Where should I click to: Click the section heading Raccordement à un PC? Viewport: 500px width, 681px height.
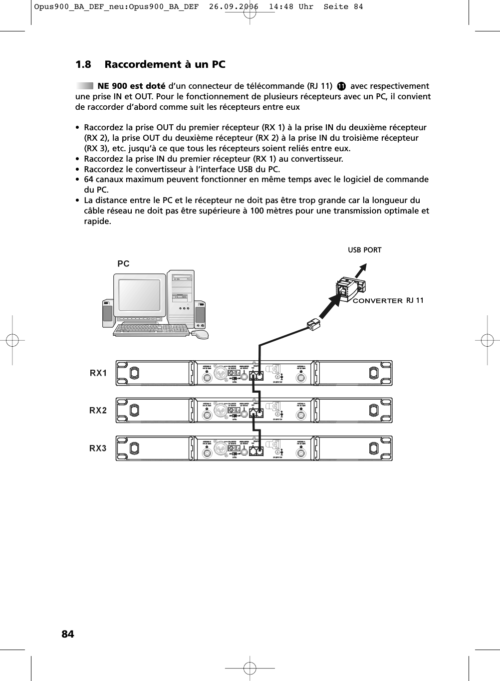point(164,64)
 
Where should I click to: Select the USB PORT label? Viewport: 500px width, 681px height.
point(364,250)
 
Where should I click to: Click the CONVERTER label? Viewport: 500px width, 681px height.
point(377,301)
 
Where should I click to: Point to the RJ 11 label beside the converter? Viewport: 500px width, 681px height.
point(415,300)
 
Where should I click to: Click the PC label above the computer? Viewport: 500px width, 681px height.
point(123,263)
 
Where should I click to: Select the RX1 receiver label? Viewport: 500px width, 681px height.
point(98,373)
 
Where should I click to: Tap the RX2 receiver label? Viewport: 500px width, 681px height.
point(98,410)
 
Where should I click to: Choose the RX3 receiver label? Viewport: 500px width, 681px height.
point(98,448)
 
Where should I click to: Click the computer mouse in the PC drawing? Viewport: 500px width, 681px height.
point(201,334)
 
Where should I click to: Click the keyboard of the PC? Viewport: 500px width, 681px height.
point(152,330)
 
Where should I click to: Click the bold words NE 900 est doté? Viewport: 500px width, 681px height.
point(131,86)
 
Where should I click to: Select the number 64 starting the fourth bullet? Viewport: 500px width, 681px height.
point(89,179)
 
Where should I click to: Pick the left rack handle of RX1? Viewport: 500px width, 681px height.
point(134,373)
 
